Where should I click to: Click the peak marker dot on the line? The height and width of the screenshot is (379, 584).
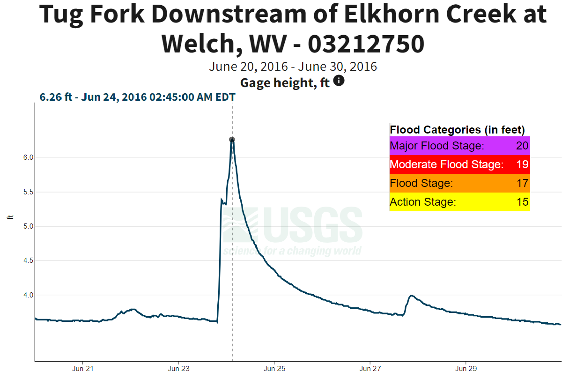click(x=232, y=140)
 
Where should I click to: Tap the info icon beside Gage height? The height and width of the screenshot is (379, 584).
click(x=339, y=81)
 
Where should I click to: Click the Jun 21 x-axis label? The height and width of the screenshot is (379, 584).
click(x=83, y=369)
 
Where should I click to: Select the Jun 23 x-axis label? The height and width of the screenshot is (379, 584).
click(x=179, y=369)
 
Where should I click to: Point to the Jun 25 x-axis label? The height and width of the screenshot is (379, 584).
click(x=274, y=369)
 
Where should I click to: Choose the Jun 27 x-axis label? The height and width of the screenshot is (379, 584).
click(x=370, y=369)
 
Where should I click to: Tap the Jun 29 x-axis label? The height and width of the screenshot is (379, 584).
click(x=466, y=369)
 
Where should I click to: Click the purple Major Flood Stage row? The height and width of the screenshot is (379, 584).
click(x=459, y=146)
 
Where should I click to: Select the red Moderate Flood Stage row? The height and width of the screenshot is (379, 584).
click(x=459, y=164)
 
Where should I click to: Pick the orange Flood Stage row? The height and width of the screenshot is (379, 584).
click(x=459, y=183)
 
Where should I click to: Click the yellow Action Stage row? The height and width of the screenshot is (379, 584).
click(x=459, y=202)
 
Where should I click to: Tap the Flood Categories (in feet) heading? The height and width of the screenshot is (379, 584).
click(x=457, y=130)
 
